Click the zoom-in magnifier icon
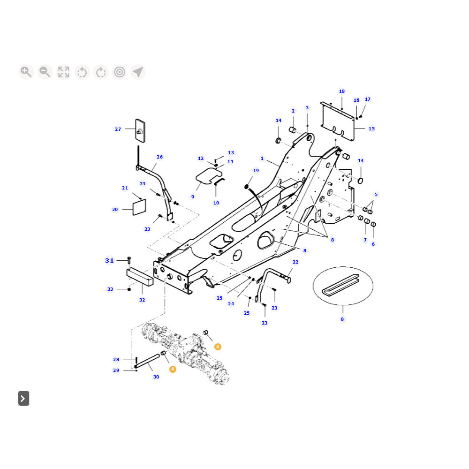26,72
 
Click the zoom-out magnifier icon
45,72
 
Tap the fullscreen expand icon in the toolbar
63,72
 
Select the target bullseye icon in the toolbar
120,72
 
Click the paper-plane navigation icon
138,72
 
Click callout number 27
118,129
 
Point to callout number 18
342,91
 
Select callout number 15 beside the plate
371,129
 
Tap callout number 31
109,260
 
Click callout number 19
256,171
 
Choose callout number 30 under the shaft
156,377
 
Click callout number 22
295,262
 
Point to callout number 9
192,197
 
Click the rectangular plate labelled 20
139,207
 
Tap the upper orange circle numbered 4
218,347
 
